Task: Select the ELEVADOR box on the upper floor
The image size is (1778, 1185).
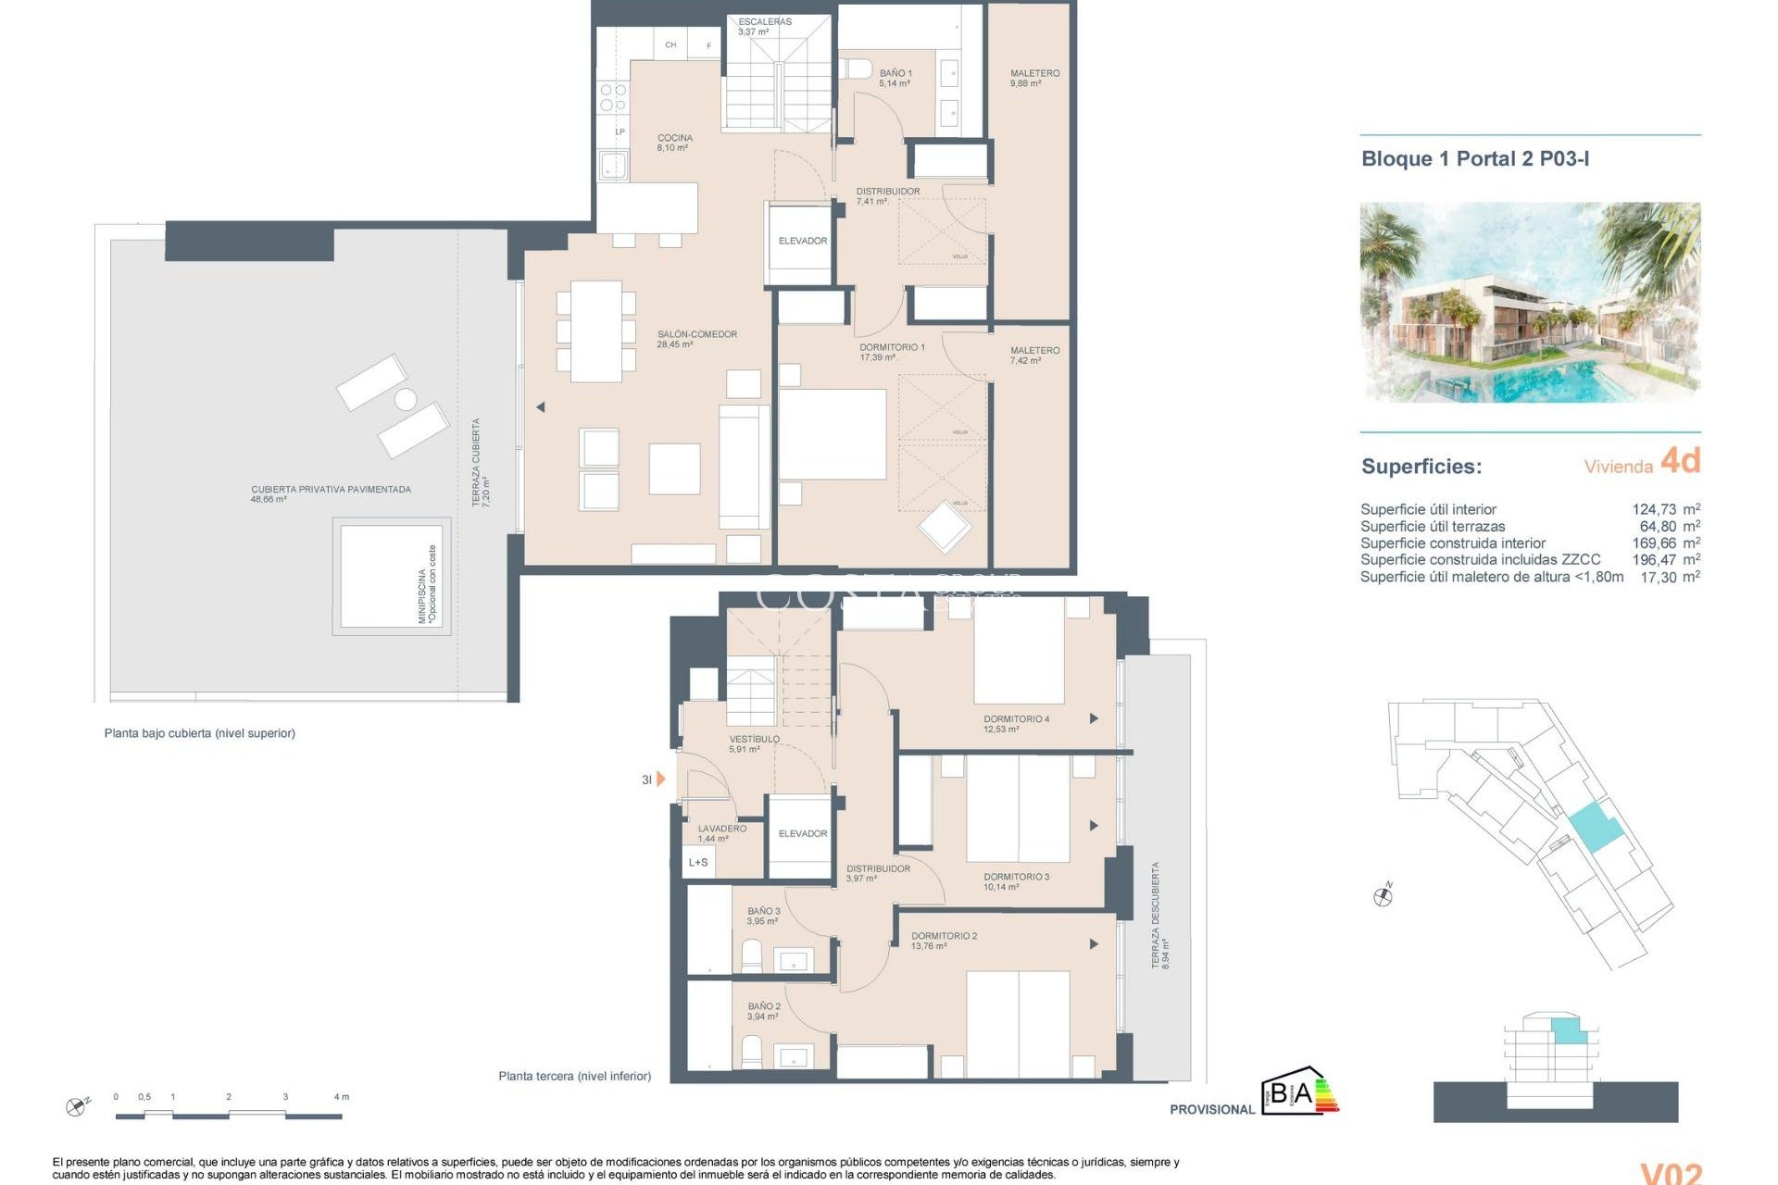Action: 802,242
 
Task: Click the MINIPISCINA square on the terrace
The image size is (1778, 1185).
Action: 391,576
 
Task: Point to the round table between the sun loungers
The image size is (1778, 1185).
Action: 406,400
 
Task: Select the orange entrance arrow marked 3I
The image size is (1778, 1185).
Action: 660,780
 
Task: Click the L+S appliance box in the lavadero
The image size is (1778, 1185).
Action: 698,863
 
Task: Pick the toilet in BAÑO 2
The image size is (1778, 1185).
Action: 752,1052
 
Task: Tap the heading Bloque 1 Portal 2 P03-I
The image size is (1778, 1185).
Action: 1474,159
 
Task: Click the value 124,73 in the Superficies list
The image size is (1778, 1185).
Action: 1653,509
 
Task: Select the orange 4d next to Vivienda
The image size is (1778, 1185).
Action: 1680,460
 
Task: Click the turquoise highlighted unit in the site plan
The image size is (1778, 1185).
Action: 1595,827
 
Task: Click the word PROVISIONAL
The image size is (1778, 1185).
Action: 1211,1109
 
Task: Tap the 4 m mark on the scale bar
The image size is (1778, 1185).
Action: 341,1097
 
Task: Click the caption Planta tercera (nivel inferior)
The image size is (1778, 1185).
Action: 574,1076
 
